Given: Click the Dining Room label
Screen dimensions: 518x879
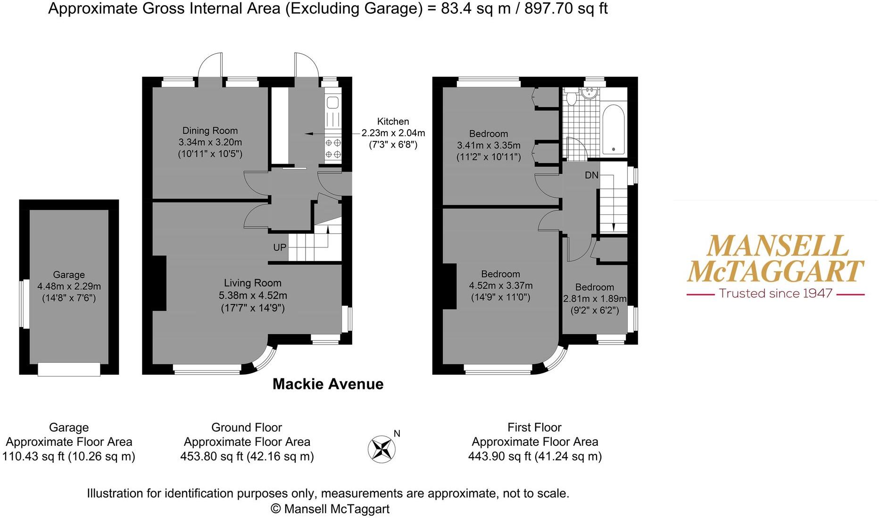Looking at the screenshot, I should pyautogui.click(x=210, y=131).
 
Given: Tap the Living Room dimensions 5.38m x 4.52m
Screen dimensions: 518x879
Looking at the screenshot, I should pyautogui.click(x=253, y=296).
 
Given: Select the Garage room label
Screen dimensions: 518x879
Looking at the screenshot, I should pyautogui.click(x=69, y=274).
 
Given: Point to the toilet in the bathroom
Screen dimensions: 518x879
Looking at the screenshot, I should pyautogui.click(x=572, y=97).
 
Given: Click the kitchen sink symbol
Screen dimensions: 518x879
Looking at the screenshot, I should pyautogui.click(x=332, y=103).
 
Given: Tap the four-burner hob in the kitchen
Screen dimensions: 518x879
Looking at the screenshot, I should pyautogui.click(x=333, y=148).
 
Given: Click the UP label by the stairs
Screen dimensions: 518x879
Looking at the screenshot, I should pyautogui.click(x=280, y=247).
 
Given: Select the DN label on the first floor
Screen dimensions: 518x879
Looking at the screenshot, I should pyautogui.click(x=591, y=175).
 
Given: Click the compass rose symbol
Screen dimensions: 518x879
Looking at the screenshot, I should pyautogui.click(x=381, y=449).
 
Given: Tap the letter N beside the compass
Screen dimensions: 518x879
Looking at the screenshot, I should pyautogui.click(x=397, y=434).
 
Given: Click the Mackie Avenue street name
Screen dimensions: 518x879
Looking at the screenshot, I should pyautogui.click(x=328, y=384).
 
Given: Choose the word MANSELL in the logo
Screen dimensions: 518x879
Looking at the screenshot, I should pyautogui.click(x=777, y=246).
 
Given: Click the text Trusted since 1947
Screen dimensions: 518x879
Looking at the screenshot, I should pyautogui.click(x=775, y=294).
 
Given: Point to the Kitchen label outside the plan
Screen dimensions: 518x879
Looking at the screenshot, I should pyautogui.click(x=393, y=122).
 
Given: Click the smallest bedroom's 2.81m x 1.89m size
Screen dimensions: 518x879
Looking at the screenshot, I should pyautogui.click(x=595, y=299).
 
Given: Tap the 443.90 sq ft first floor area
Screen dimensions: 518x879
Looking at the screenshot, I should pyautogui.click(x=535, y=456).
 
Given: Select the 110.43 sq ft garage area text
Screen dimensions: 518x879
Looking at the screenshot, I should pyautogui.click(x=69, y=456).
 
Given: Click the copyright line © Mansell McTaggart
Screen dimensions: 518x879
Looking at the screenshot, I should pyautogui.click(x=330, y=509).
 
